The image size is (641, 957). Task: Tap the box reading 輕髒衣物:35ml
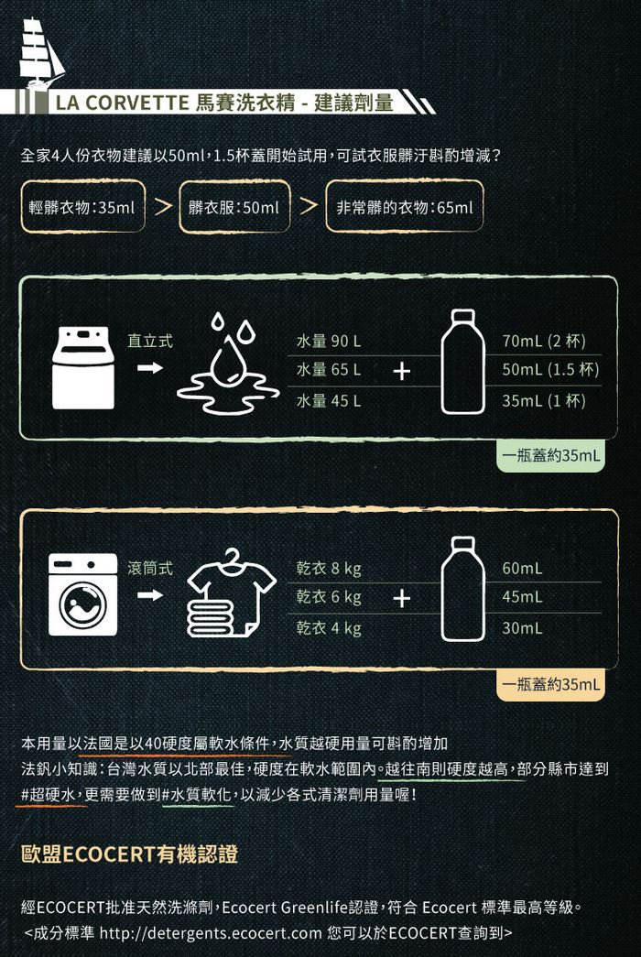pos(83,207)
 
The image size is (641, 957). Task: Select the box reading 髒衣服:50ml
pos(234,207)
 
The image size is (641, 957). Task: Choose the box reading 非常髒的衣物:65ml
pos(404,207)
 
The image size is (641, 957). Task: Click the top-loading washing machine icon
pos(83,367)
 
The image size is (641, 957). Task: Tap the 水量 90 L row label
pos(329,342)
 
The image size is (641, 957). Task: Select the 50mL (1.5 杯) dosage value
pos(550,369)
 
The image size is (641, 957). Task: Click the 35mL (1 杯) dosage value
pos(543,400)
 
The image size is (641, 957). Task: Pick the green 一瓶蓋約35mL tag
pos(550,455)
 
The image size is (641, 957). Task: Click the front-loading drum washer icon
pos(83,594)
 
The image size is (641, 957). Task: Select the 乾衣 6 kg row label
pos(329,597)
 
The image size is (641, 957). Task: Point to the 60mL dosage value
pos(522,568)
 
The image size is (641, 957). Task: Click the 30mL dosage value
pos(522,627)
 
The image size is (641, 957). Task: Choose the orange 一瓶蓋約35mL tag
pos(550,684)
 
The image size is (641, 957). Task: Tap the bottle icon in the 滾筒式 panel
pos(462,589)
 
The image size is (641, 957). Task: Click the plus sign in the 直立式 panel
pos(401,371)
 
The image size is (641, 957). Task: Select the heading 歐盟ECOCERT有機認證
pos(129,854)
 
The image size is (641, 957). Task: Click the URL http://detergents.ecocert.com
pos(211,933)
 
